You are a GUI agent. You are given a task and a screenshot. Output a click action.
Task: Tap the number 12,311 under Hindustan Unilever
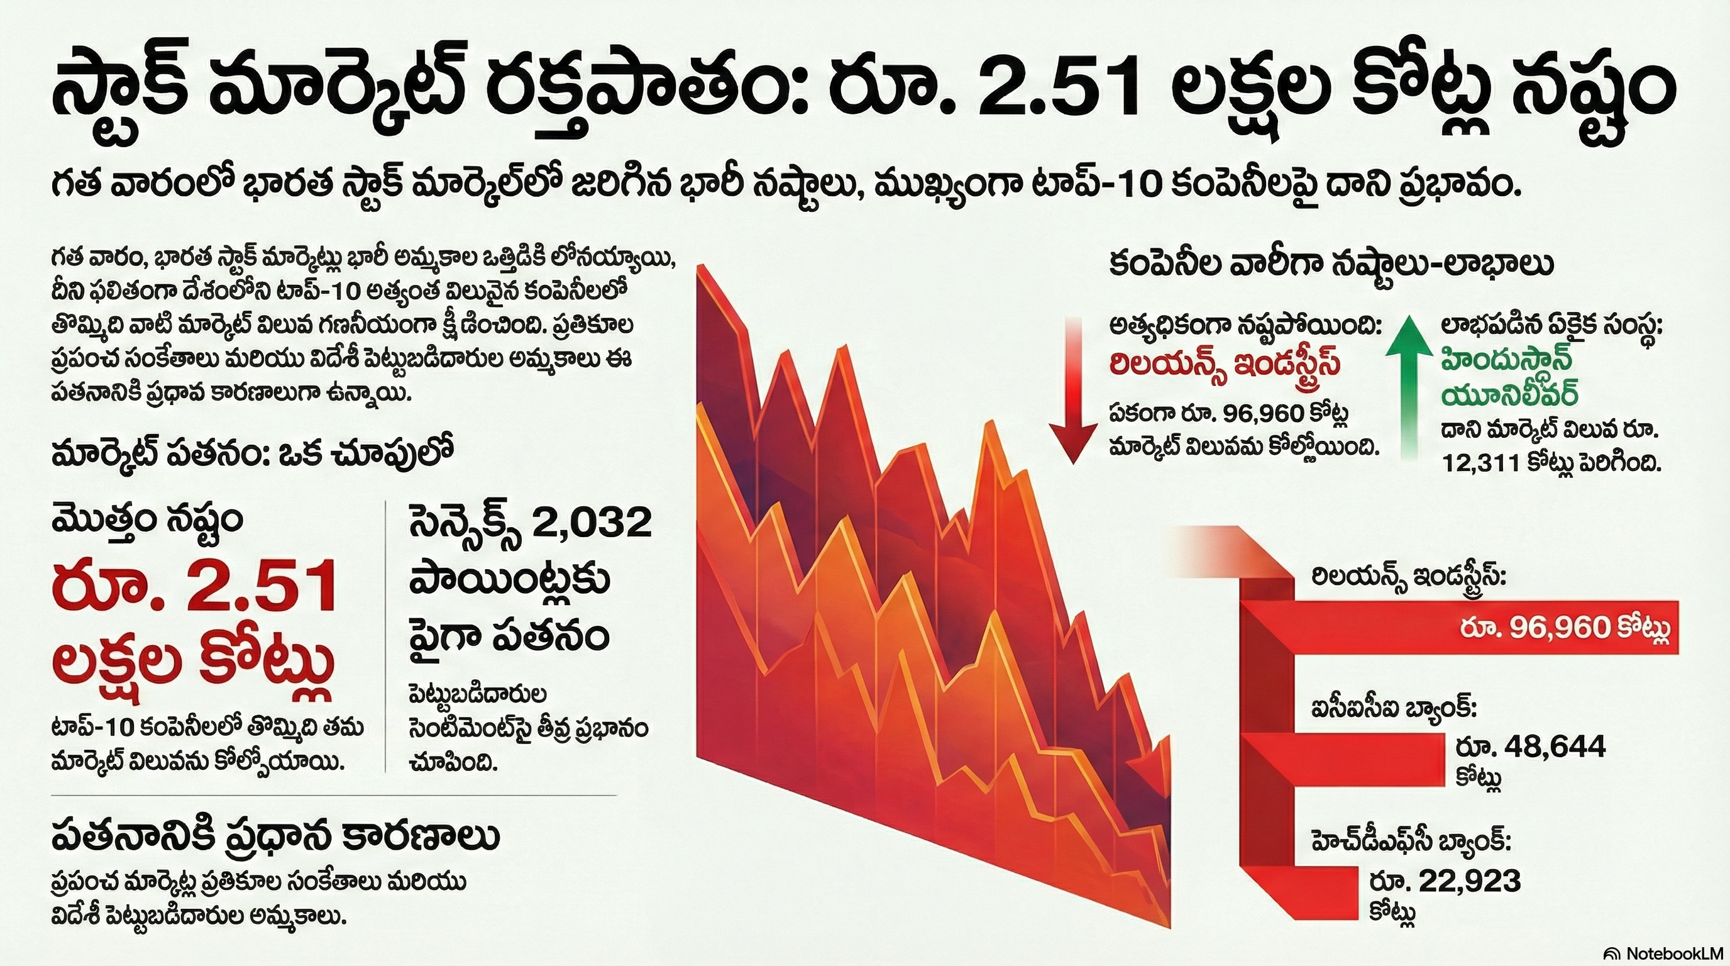coord(1480,463)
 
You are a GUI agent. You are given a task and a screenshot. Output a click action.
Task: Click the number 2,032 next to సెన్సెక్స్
coord(591,523)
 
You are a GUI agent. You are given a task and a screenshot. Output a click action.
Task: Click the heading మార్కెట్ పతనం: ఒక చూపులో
coord(254,454)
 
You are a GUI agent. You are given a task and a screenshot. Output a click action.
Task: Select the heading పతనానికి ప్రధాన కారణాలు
coord(275,837)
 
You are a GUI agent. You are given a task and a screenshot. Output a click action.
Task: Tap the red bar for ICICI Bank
coord(1343,759)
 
